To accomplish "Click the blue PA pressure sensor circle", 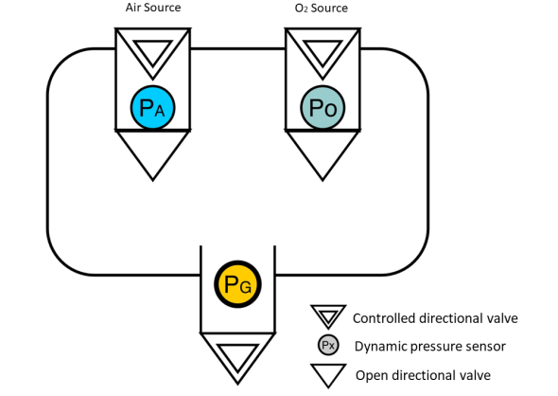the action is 152,107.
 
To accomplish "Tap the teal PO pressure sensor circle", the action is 323,107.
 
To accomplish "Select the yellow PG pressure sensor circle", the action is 237,284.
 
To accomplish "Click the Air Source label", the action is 153,8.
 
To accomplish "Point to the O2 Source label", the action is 322,8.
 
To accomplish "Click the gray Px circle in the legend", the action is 328,345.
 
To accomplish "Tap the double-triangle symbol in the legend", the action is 328,316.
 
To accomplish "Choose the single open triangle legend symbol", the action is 328,375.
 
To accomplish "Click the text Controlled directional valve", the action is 435,318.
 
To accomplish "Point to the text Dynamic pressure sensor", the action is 430,347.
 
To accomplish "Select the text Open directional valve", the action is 423,375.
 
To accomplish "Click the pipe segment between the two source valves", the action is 237,48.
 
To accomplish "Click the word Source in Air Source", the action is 163,8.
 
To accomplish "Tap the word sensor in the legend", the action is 486,347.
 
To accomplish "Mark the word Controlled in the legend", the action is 384,318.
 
